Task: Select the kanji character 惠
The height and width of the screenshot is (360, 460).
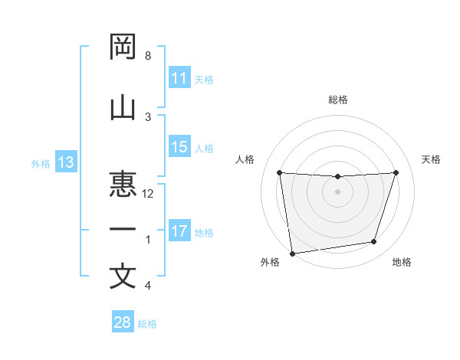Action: click(123, 184)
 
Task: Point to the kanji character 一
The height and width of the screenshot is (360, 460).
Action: click(123, 230)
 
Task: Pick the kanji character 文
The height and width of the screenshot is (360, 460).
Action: click(123, 276)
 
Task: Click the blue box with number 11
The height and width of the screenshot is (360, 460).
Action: click(179, 78)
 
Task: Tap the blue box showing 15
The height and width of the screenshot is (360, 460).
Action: click(179, 147)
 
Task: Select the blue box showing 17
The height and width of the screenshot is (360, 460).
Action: click(179, 231)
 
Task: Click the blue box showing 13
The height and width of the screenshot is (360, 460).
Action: click(65, 162)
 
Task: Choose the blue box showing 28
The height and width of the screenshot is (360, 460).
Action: click(123, 322)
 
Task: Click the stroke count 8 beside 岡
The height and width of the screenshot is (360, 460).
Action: click(148, 57)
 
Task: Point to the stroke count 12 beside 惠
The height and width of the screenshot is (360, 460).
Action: click(148, 194)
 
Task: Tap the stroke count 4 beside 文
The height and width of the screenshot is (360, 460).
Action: click(148, 286)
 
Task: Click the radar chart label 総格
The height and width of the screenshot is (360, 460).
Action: click(337, 100)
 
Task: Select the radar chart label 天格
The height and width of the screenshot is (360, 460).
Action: click(432, 159)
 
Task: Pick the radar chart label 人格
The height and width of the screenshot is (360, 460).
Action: click(245, 159)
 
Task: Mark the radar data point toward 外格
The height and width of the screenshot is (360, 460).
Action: click(292, 253)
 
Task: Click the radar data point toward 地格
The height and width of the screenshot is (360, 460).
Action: click(374, 242)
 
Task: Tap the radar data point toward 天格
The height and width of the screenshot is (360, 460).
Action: click(396, 172)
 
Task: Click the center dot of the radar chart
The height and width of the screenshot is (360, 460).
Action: click(337, 191)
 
